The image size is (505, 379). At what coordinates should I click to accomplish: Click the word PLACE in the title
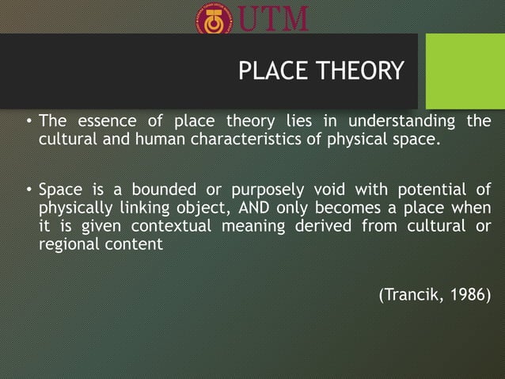pyautogui.click(x=270, y=72)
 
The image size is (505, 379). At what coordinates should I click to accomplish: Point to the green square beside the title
pyautogui.click(x=465, y=71)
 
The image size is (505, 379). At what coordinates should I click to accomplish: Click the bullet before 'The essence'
pyautogui.click(x=28, y=122)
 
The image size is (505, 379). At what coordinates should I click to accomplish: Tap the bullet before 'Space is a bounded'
pyautogui.click(x=28, y=190)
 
